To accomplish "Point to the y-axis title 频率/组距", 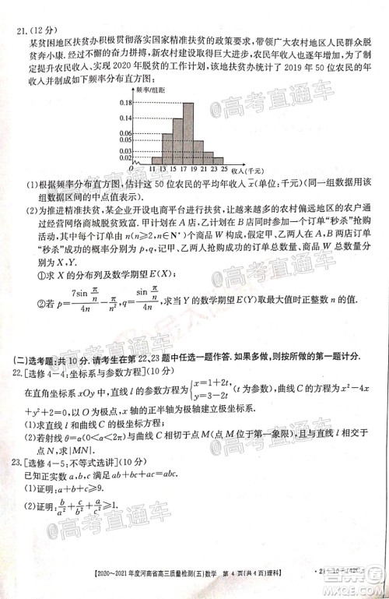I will (150, 90).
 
